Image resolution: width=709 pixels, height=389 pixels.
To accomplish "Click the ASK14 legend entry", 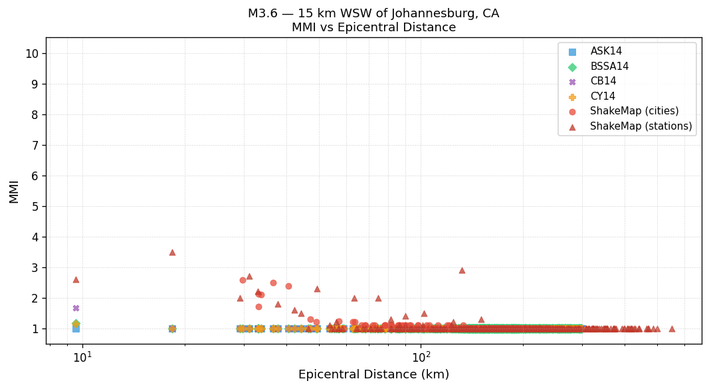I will [606, 52].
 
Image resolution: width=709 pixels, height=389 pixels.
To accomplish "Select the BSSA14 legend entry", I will [609, 66].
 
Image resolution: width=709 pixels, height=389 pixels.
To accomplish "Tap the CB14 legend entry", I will [603, 81].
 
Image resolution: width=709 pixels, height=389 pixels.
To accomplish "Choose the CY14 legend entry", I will [602, 96].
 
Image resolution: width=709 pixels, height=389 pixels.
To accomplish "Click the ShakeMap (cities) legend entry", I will [634, 111].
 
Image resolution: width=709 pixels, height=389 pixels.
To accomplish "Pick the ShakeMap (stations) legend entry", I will [641, 126].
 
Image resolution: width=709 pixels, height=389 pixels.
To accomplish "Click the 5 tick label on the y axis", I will [35, 207].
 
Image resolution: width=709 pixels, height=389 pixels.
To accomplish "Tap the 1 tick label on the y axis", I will [35, 329].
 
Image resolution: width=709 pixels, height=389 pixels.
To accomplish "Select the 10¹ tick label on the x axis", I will [82, 356].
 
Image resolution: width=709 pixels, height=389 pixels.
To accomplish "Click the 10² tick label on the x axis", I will [421, 356].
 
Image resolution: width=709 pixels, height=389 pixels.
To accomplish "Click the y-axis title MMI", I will [14, 191].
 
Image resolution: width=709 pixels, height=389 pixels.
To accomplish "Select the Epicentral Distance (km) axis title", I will [373, 374].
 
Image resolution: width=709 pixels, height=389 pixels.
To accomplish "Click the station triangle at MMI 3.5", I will [172, 252].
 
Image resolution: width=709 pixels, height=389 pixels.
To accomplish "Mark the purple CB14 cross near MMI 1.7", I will [76, 308].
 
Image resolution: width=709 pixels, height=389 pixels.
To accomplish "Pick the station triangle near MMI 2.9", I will [462, 270].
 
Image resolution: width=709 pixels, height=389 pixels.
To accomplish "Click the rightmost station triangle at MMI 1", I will [672, 328].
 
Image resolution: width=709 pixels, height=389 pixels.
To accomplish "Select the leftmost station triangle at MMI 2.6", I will [76, 279].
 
